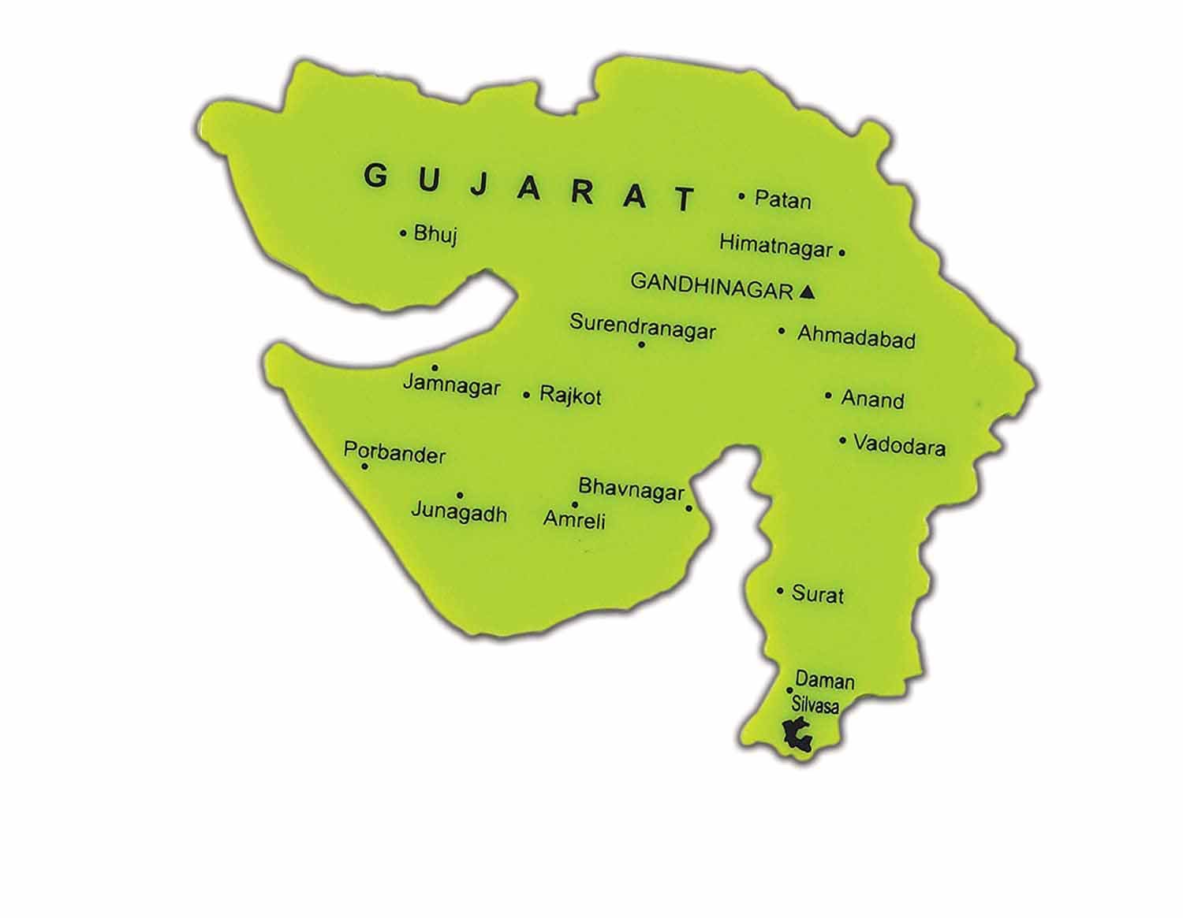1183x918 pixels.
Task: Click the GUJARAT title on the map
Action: point(529,188)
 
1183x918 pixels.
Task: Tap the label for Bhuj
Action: point(435,234)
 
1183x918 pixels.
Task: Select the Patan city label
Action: point(782,199)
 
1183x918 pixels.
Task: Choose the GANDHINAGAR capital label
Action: point(711,286)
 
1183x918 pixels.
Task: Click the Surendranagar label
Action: point(643,326)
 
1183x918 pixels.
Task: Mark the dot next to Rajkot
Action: point(527,395)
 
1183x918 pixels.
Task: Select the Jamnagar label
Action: point(451,387)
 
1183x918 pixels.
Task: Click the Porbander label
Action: point(394,454)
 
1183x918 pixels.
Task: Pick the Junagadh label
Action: point(459,514)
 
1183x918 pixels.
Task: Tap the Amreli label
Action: point(574,518)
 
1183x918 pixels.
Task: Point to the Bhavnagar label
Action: point(631,490)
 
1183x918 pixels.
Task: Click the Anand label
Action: point(872,400)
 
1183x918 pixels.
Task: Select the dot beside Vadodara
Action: point(843,440)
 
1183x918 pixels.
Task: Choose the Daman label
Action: point(824,679)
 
